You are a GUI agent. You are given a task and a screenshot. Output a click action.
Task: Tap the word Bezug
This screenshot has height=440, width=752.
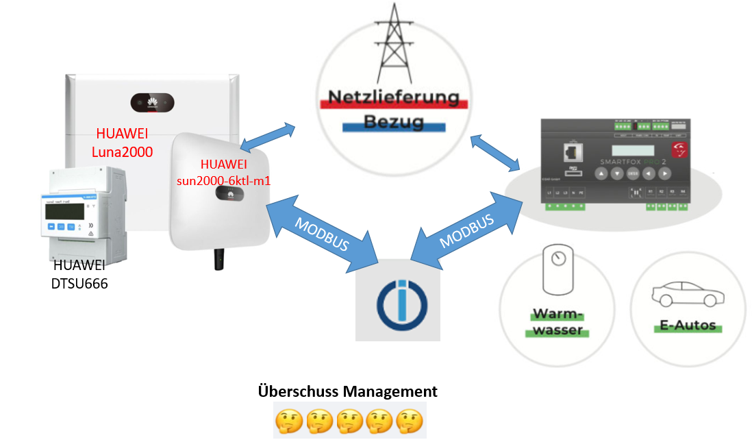[393, 124]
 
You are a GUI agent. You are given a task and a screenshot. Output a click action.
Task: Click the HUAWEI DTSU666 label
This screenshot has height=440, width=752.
[79, 273]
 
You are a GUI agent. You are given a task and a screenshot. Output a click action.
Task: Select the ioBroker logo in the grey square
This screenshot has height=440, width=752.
[397, 300]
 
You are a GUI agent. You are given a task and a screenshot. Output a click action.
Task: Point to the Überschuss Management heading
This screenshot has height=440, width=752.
[347, 392]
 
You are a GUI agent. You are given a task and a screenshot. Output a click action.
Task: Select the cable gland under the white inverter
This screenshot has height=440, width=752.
[220, 258]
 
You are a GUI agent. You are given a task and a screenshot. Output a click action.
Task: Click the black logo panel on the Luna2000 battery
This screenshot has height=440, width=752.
[153, 104]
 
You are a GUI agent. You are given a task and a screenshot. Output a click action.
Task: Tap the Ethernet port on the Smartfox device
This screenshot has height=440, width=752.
[566, 151]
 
